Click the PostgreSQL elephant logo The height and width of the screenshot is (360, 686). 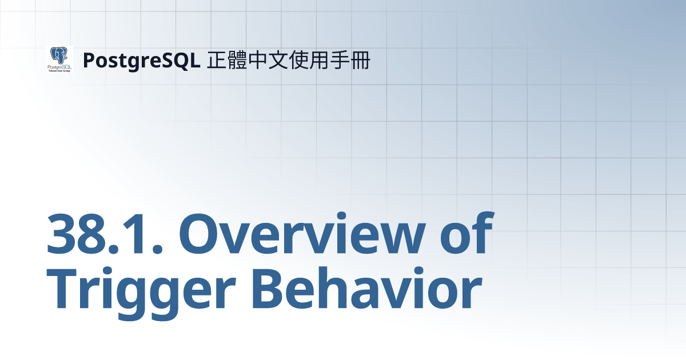[59, 59]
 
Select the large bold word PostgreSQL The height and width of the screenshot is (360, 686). [141, 60]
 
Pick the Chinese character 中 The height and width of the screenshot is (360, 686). [258, 60]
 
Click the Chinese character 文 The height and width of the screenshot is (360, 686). [279, 60]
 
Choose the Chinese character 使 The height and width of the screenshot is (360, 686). [300, 60]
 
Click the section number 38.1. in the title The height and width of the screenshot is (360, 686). [105, 235]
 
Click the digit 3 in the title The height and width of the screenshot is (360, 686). [63, 235]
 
